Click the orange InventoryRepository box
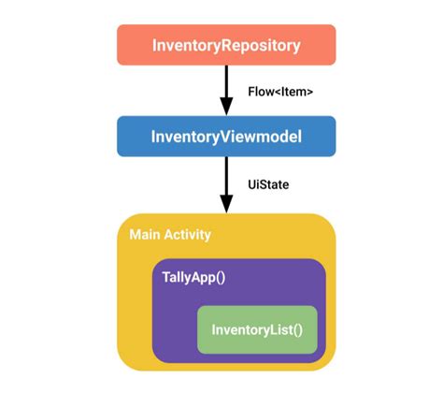[225, 44]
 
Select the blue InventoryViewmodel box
[225, 136]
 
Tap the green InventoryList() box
[257, 329]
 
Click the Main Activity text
[170, 234]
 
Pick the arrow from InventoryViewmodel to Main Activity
[225, 180]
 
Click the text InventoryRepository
[225, 44]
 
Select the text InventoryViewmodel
[225, 136]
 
